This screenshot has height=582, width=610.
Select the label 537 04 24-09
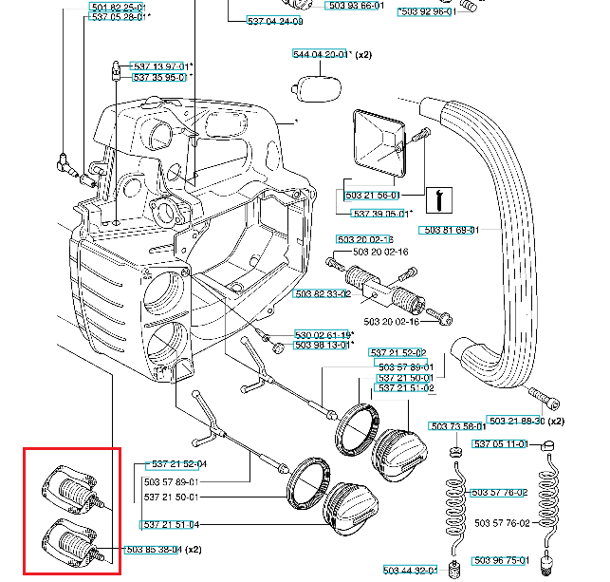275,21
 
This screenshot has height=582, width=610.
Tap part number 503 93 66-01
357,6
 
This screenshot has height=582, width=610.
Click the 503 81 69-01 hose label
449,230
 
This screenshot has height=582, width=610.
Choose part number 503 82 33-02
323,293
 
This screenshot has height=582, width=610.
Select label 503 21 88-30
516,420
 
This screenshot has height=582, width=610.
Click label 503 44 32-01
410,570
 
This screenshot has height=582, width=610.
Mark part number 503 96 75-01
501,560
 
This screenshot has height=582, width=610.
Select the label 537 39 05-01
379,214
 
